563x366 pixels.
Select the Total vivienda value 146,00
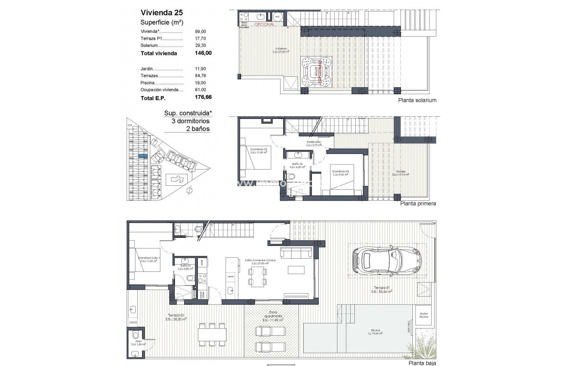pyautogui.click(x=203, y=54)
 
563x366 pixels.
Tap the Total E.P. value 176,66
pyautogui.click(x=203, y=98)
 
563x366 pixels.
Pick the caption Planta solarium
pyautogui.click(x=417, y=101)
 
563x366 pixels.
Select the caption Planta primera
pyautogui.click(x=418, y=204)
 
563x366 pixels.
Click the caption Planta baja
pyautogui.click(x=422, y=363)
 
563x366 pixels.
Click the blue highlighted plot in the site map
pyautogui.click(x=143, y=156)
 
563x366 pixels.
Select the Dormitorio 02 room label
pyautogui.click(x=258, y=150)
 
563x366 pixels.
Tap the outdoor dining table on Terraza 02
pyautogui.click(x=212, y=334)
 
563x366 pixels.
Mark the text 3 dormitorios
pyautogui.click(x=190, y=121)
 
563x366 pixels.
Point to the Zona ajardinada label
pyautogui.click(x=273, y=314)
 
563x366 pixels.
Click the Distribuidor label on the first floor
pyautogui.click(x=313, y=142)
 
